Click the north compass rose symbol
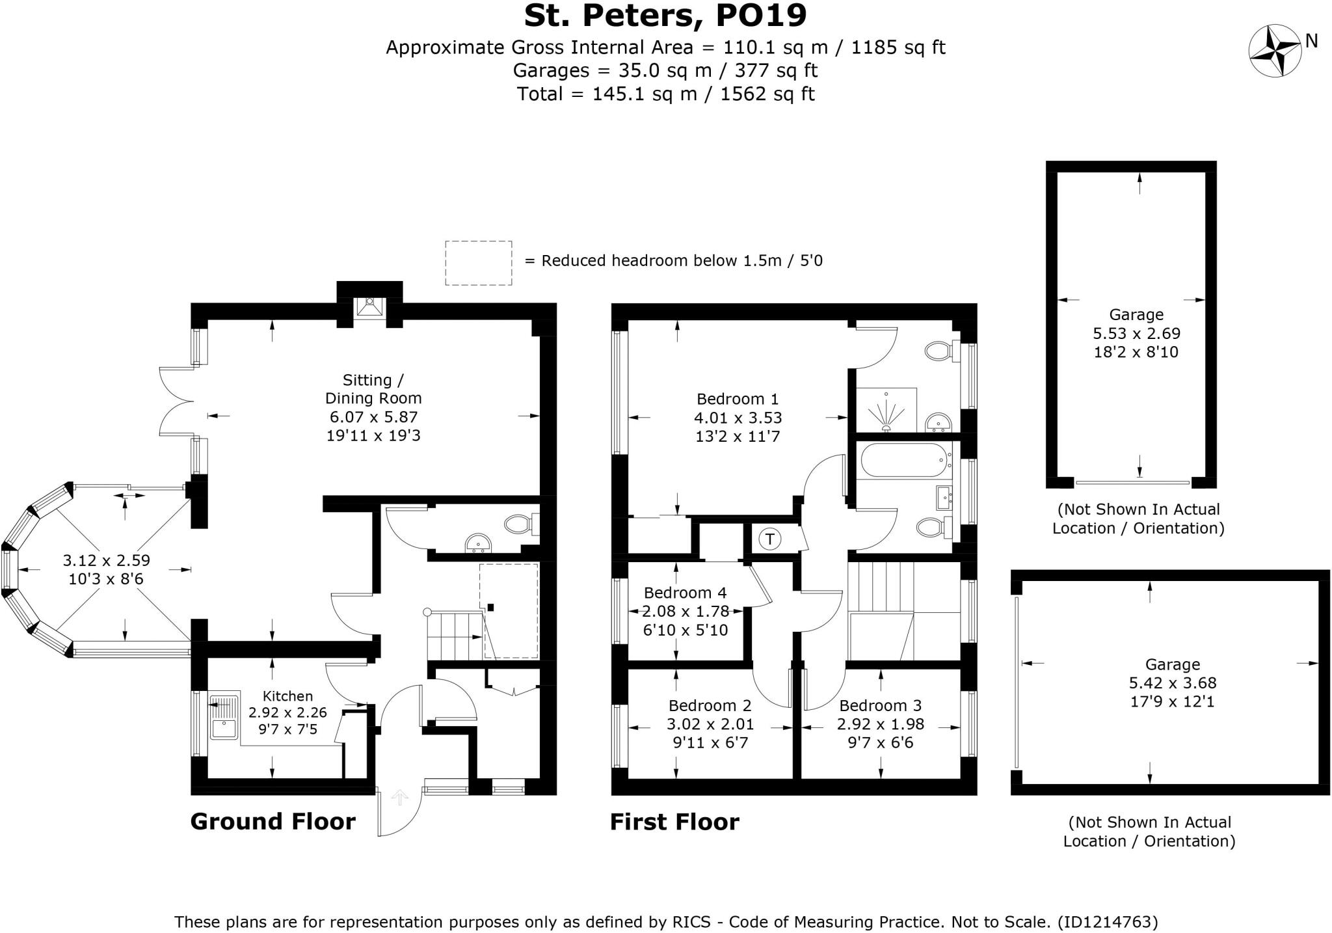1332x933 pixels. pos(1274,50)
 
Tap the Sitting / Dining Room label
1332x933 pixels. pos(373,389)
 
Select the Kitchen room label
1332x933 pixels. pos(287,696)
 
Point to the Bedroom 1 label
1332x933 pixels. pos(738,399)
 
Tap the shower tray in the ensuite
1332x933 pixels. pos(886,411)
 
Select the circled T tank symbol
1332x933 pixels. pos(770,539)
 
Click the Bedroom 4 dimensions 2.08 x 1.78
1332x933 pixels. pos(686,612)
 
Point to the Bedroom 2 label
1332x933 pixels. pos(710,706)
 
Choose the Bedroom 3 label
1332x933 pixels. pos(880,706)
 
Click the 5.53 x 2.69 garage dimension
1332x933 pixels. pos(1136,334)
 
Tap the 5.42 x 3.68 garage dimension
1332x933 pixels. pos(1172,683)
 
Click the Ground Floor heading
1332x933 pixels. pos(273,822)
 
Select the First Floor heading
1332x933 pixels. pos(674,822)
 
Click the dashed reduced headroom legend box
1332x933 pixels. pos(478,263)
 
